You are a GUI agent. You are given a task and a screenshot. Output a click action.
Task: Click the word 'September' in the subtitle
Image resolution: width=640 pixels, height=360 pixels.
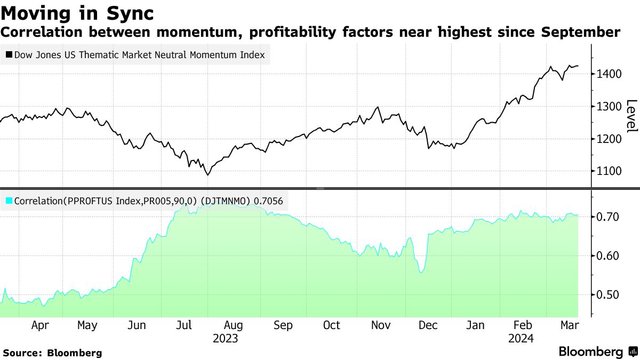click(580, 32)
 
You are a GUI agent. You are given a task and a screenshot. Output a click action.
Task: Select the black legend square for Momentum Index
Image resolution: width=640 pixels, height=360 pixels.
click(9, 54)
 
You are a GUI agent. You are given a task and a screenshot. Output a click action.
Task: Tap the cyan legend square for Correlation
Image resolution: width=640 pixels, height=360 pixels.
click(9, 201)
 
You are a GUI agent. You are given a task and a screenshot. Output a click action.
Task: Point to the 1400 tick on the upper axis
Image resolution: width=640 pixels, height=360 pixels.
click(609, 74)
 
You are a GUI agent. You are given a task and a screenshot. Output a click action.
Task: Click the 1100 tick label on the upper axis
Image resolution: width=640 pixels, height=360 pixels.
click(609, 171)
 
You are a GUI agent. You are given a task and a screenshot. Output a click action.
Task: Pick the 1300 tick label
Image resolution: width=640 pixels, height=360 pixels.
click(609, 106)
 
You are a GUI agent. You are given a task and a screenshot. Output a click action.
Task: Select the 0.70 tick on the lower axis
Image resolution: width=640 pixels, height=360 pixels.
click(607, 217)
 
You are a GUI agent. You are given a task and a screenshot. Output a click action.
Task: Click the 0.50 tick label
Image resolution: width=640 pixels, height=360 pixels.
click(607, 295)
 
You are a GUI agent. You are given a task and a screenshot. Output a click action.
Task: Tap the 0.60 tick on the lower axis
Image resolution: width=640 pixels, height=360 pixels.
click(607, 256)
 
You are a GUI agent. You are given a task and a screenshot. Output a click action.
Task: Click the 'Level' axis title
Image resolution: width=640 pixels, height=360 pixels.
click(631, 116)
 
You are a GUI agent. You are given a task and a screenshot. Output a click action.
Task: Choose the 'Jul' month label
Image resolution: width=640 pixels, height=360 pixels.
click(185, 325)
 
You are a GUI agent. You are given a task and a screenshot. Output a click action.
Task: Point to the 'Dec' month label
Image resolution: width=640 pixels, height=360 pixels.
click(427, 325)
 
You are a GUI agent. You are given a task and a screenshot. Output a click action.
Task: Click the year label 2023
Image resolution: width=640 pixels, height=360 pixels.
click(226, 338)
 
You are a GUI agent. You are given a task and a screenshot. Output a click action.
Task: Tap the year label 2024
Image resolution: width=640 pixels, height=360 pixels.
click(522, 338)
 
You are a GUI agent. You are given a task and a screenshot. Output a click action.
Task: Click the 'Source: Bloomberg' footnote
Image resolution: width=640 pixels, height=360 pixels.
click(52, 353)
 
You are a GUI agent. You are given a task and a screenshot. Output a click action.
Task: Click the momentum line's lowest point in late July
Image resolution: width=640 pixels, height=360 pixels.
click(208, 174)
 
